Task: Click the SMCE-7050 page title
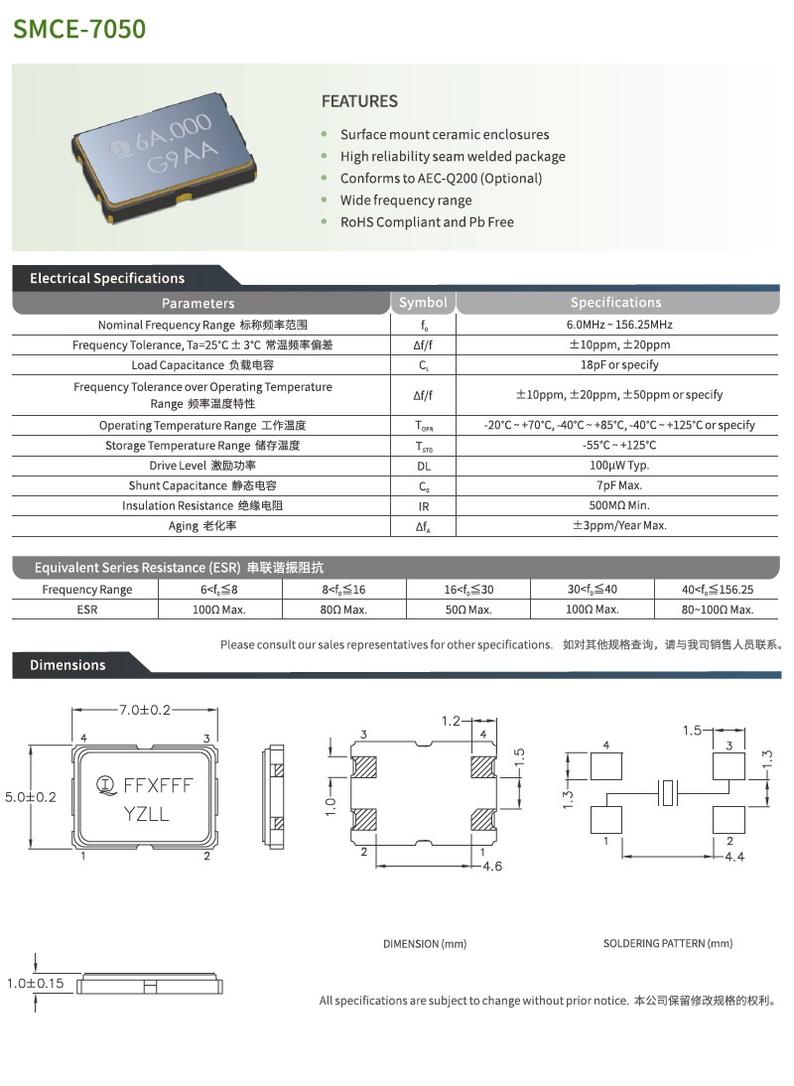[79, 28]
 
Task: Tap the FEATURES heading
[359, 101]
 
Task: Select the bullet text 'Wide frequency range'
[406, 201]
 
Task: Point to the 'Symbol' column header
[423, 303]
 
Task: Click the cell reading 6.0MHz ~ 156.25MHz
[619, 326]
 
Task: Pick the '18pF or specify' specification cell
[619, 365]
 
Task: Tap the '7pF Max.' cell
[619, 485]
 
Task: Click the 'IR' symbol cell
[423, 505]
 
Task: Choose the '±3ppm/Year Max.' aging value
[619, 526]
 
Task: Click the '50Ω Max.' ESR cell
[468, 610]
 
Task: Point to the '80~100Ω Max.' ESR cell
[718, 610]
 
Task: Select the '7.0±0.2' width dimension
[145, 710]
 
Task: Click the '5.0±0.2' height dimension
[31, 796]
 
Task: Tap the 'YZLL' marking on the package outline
[146, 814]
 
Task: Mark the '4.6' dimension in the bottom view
[491, 867]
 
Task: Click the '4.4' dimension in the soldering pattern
[735, 857]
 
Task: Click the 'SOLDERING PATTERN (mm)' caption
[668, 943]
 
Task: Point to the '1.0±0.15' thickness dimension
[34, 984]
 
